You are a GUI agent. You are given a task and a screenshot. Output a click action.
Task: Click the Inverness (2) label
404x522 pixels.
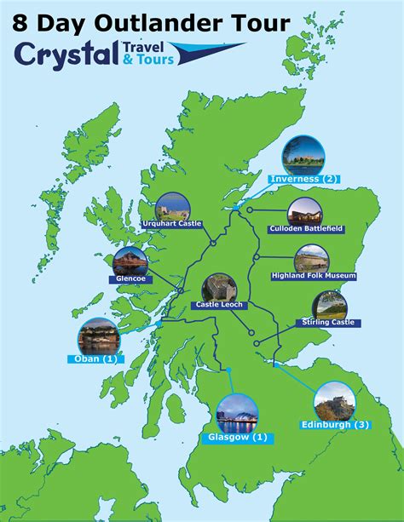(303, 179)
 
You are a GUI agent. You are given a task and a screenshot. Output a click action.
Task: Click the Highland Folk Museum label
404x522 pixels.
(313, 276)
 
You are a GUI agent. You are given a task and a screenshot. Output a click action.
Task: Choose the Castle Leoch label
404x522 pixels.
(220, 304)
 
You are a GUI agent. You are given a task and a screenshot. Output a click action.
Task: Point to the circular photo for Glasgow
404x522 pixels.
(236, 415)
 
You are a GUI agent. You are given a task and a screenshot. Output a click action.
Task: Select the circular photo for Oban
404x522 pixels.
(95, 336)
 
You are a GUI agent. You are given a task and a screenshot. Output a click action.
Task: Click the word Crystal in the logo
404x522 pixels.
(67, 54)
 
